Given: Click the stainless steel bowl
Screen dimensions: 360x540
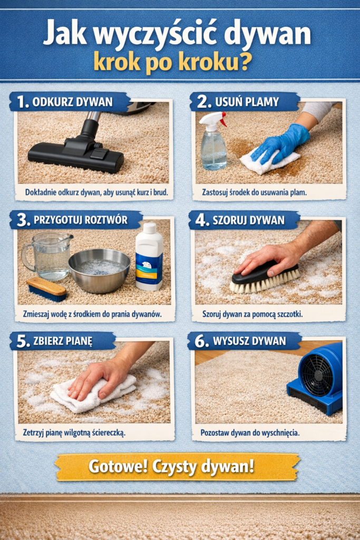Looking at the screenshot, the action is (99, 271).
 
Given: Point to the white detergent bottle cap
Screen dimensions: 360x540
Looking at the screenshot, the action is (150, 228).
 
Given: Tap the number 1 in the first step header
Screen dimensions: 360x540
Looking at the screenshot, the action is (22, 102).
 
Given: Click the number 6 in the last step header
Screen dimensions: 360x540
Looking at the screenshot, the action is (200, 341).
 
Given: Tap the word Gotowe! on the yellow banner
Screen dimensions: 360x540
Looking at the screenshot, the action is (118, 467).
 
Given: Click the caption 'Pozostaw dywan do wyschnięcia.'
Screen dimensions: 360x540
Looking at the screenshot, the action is (250, 432).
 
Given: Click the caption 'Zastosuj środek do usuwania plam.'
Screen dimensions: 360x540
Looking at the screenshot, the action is (254, 192).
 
